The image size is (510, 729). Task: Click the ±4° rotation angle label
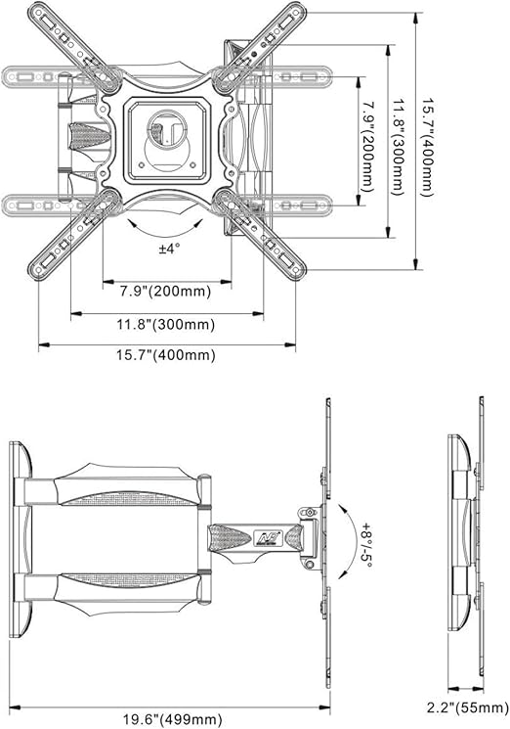[169, 249]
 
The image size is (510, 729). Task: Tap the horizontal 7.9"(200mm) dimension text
[166, 292]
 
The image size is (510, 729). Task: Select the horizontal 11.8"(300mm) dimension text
[166, 324]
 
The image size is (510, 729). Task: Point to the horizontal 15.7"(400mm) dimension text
[166, 355]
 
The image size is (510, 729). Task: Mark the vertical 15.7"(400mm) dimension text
[427, 147]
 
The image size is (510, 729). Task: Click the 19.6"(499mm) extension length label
[172, 719]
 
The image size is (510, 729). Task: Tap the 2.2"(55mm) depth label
[468, 707]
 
